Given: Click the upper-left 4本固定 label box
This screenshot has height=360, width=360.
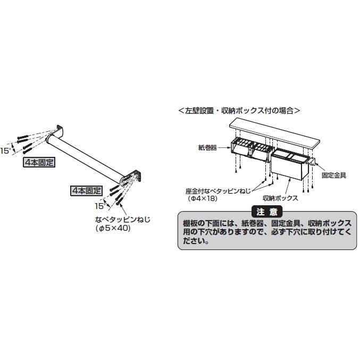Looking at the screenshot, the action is click(x=39, y=162).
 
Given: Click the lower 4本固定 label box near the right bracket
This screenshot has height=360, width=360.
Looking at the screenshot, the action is click(x=86, y=190).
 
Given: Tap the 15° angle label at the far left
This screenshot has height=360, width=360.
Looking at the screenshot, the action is click(x=5, y=151).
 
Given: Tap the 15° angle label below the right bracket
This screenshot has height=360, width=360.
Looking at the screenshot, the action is click(x=100, y=206).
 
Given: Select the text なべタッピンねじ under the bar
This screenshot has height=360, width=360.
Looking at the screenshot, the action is click(x=123, y=220).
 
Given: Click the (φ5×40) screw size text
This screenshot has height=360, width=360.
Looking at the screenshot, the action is click(x=113, y=228).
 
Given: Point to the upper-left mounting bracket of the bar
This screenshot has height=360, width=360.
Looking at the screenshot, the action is click(x=59, y=130).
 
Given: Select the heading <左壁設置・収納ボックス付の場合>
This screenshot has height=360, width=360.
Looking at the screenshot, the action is click(x=239, y=111).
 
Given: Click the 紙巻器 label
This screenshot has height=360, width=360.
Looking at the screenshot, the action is click(x=207, y=148).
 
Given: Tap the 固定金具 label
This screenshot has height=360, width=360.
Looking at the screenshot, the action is click(x=334, y=175).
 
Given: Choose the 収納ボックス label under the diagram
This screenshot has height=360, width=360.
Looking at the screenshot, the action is click(x=280, y=198).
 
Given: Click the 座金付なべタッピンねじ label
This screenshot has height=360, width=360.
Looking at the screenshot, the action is click(x=218, y=191).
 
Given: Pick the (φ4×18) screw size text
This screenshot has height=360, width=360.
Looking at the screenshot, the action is click(x=203, y=198).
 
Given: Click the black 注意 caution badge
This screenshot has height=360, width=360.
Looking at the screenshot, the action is click(x=267, y=212).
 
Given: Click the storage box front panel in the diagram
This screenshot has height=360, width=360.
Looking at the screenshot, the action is click(x=286, y=168).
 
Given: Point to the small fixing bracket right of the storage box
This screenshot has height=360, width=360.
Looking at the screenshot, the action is click(x=312, y=162).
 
